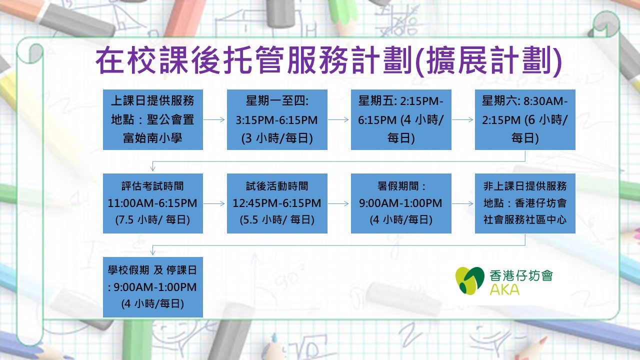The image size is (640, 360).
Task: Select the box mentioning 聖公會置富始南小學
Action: coord(153,119)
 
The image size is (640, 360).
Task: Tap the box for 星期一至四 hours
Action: coord(277,119)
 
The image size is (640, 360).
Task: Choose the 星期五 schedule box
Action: coord(401,119)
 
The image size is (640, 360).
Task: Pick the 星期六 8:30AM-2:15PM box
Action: coord(525,119)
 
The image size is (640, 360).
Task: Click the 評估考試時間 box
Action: coord(153,203)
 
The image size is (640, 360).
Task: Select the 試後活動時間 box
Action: coord(277,203)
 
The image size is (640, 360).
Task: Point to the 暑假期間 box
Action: coord(401,203)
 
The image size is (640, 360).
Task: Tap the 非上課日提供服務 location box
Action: coord(525,203)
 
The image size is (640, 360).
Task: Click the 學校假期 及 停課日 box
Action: coord(153,287)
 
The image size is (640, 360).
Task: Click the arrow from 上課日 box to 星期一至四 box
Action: coord(214,119)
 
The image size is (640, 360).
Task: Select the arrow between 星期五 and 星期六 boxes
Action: coord(462,119)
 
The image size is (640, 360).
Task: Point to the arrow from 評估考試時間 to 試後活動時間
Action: coord(214,203)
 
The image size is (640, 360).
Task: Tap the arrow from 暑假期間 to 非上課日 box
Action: coord(462,203)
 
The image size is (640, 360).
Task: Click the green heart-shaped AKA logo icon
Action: coord(470,280)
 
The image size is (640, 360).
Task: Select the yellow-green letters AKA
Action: coord(504,289)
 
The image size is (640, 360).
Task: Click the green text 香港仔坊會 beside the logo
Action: coord(521,275)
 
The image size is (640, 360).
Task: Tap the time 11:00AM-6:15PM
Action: coord(152,203)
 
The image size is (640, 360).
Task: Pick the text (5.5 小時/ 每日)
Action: coord(277,219)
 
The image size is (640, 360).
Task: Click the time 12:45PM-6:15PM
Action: coord(277,203)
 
